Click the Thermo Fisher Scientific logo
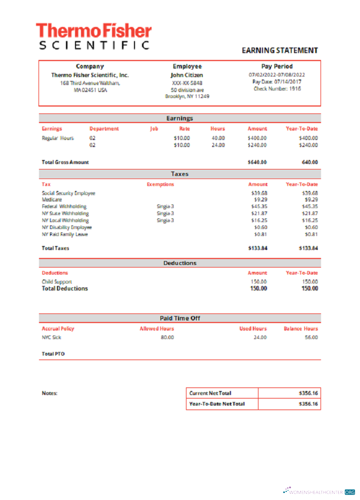[93, 36]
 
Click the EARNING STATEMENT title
[279, 50]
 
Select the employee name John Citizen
[187, 75]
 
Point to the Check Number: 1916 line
[277, 89]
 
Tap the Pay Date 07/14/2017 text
[277, 82]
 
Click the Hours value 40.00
[218, 138]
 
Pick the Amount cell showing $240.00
[257, 145]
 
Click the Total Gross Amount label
[65, 162]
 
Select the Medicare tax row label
[52, 199]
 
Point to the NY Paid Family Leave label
[65, 234]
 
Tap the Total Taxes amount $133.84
[257, 248]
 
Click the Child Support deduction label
[57, 281]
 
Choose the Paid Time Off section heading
[180, 318]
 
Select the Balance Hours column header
[300, 328]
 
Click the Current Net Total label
[210, 393]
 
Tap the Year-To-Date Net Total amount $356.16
[308, 404]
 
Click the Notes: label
[49, 393]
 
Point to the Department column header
[104, 128]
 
